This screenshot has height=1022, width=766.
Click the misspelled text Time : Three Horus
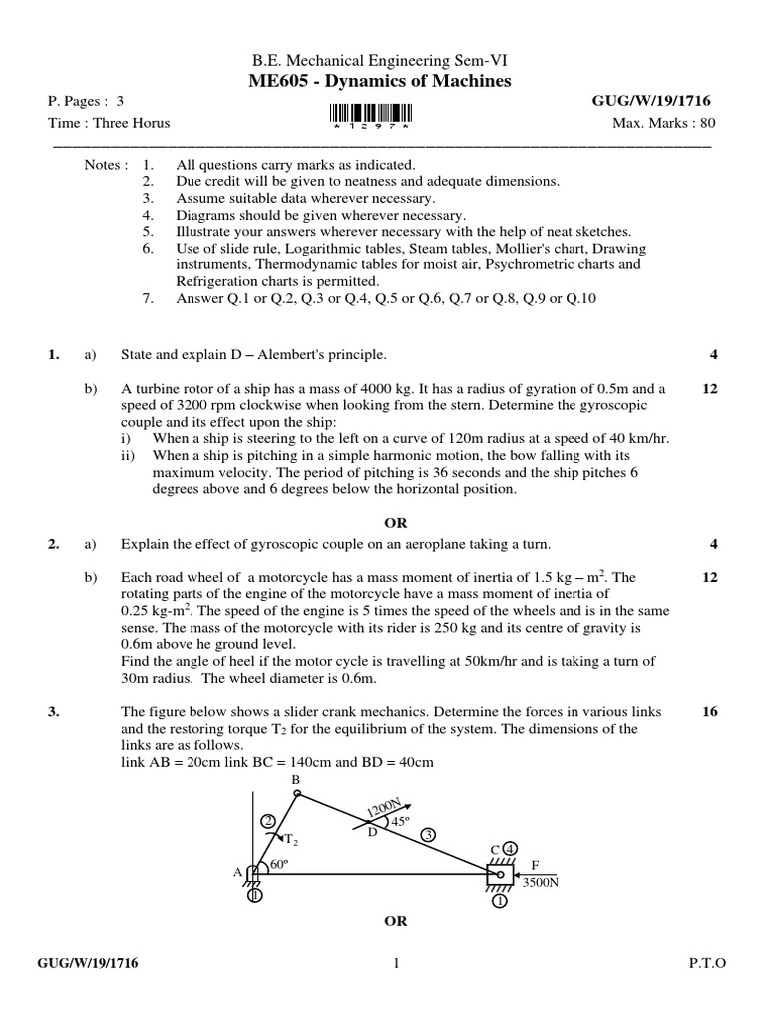[x=109, y=123]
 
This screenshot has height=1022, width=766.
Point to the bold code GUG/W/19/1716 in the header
[x=652, y=102]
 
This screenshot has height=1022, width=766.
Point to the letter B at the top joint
[x=294, y=778]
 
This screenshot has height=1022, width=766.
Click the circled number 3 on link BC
[x=428, y=834]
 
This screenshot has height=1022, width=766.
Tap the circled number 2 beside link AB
[x=267, y=821]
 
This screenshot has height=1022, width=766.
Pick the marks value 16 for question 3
[x=710, y=712]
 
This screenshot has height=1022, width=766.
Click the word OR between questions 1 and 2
[x=396, y=523]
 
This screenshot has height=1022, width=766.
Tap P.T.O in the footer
[x=708, y=963]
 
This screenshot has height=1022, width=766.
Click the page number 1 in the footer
[x=396, y=963]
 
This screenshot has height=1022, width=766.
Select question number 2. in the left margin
[x=54, y=544]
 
